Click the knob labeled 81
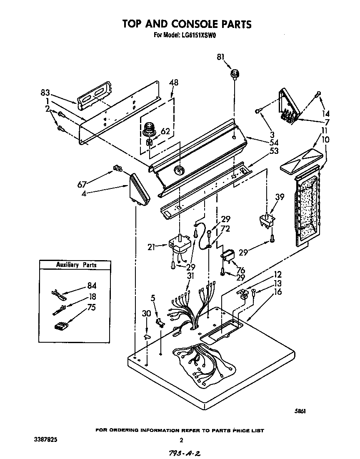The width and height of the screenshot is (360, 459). pos(235,75)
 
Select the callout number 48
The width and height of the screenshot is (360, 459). pos(173,83)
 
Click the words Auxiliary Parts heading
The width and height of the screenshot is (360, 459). pos(76,265)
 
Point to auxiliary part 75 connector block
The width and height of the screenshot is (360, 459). pos(61,326)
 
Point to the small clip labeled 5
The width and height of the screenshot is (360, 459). pos(159,321)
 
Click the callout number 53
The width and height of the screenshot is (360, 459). pos(274,150)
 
